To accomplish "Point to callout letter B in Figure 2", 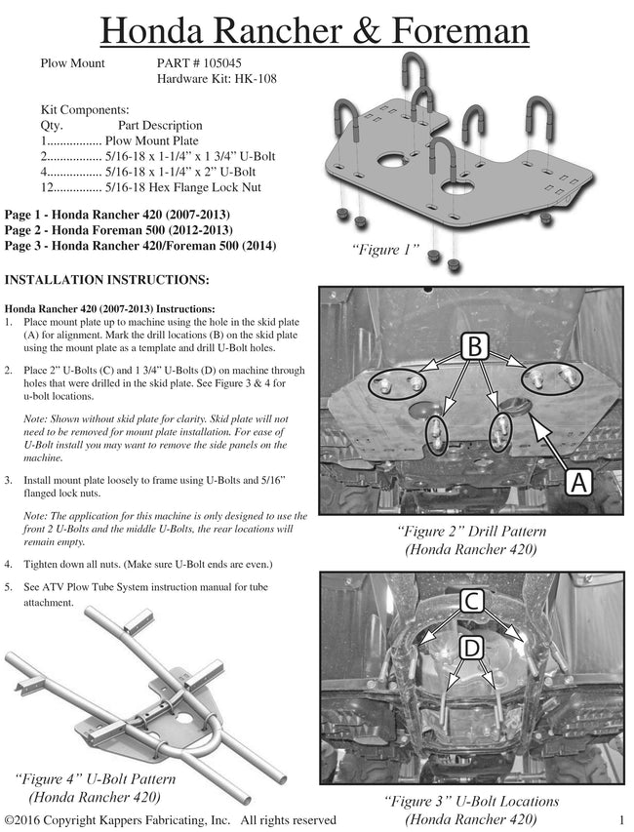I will click(472, 346).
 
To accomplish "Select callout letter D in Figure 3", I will click(471, 647).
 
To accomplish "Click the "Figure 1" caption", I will click(385, 251).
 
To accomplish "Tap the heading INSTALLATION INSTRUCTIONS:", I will click(106, 281).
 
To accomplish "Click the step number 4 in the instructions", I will click(9, 565).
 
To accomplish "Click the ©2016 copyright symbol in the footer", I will click(10, 820).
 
